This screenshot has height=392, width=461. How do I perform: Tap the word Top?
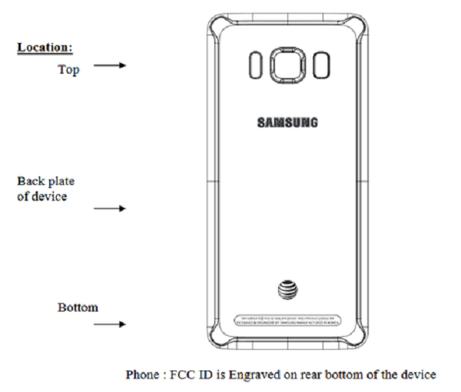(68, 69)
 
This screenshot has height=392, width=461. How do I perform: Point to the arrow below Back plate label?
(110, 208)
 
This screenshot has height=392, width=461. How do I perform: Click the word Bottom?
(78, 308)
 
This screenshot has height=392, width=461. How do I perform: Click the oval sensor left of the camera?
(254, 64)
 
